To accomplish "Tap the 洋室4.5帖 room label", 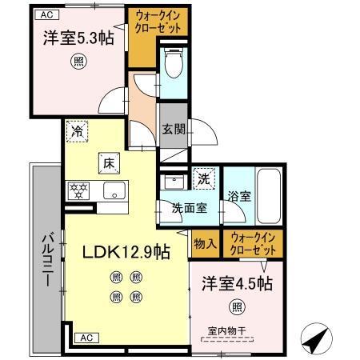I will (236, 283).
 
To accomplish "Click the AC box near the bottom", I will (86, 338).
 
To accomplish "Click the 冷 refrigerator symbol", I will (78, 132).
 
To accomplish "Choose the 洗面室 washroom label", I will (190, 207).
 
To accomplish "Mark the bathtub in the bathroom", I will (269, 196).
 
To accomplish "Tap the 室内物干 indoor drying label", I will (226, 330).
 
